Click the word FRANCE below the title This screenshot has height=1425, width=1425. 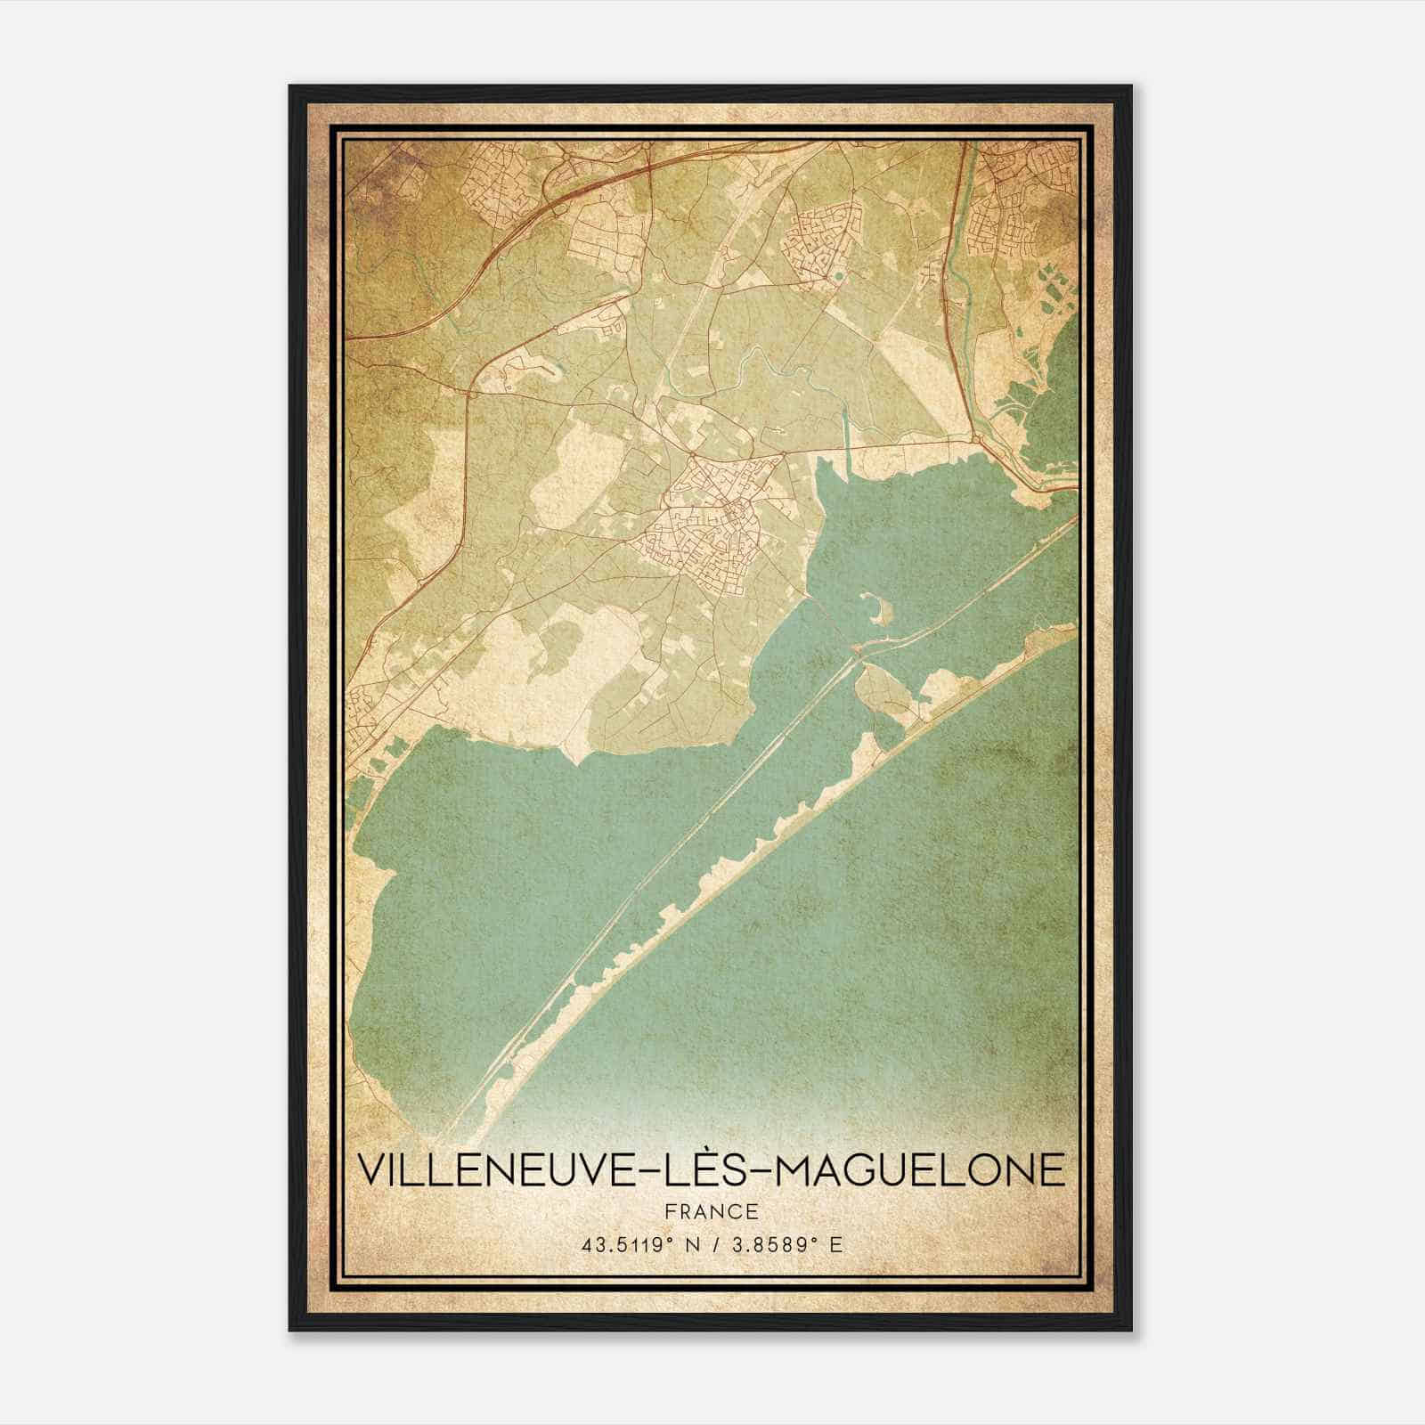click(711, 1211)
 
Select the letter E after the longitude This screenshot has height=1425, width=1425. click(835, 1245)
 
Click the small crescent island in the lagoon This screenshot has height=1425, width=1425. click(881, 612)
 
